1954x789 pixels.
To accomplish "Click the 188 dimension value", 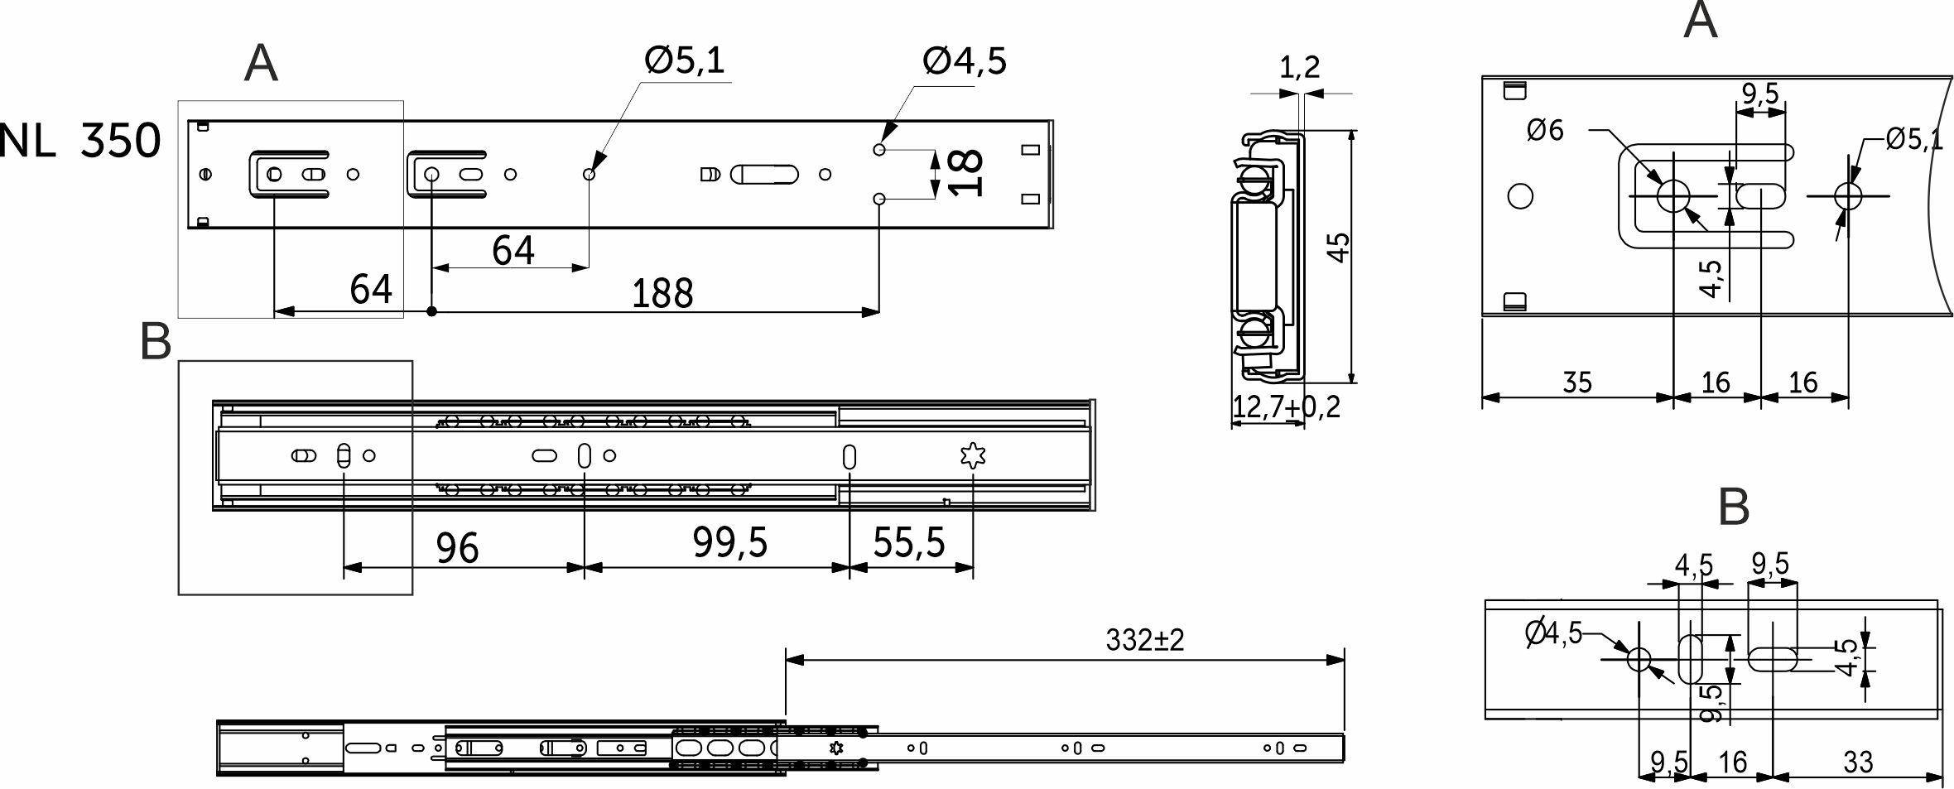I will click(x=662, y=293).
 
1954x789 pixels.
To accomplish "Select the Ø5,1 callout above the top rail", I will click(x=684, y=60).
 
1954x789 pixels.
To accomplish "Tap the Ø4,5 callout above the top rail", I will click(x=964, y=61).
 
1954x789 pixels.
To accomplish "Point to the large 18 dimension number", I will click(x=965, y=173).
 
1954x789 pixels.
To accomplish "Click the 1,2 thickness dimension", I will click(x=1299, y=67).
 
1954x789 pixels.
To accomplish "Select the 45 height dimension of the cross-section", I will click(x=1338, y=248).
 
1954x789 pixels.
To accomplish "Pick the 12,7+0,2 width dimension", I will click(x=1286, y=407).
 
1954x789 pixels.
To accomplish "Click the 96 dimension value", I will click(x=457, y=548).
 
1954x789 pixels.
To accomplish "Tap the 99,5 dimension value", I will click(x=729, y=543).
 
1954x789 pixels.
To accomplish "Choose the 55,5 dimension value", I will click(x=908, y=543).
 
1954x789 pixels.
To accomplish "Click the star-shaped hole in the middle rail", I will click(x=972, y=456).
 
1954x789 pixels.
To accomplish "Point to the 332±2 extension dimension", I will click(x=1144, y=640).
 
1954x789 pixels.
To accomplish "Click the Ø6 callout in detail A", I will click(x=1545, y=131).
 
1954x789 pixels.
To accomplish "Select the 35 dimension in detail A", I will click(x=1576, y=382).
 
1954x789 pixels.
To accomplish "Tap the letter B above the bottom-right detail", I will click(x=1734, y=507).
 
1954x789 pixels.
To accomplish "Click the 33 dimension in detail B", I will click(x=1858, y=762).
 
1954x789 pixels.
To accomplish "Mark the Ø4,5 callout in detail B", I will click(x=1553, y=633).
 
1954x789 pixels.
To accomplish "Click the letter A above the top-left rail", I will click(x=261, y=64).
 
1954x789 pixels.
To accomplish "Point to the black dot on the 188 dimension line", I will click(x=431, y=311).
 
